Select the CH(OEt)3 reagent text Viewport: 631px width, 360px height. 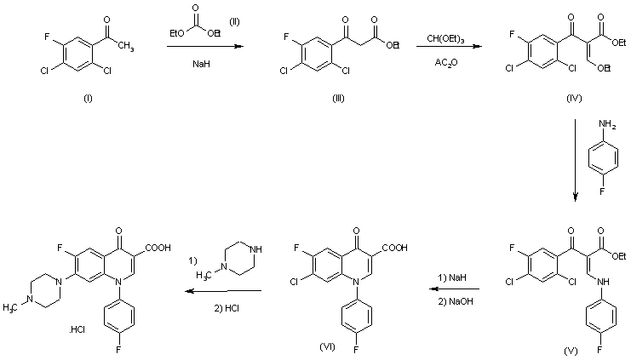pos(445,39)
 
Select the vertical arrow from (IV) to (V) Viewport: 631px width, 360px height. pos(575,157)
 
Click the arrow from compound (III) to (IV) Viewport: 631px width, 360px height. pos(446,50)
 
